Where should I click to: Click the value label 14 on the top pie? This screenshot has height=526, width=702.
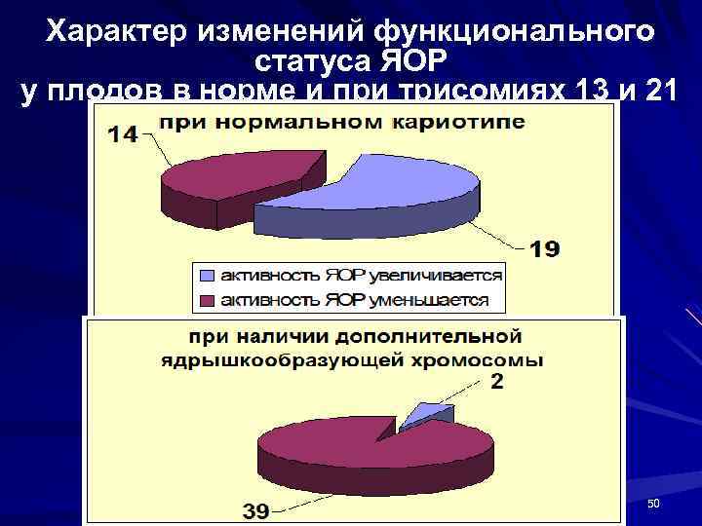(122, 135)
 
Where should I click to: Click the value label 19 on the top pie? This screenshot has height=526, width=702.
(544, 250)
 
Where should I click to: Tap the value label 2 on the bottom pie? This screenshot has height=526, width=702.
(497, 382)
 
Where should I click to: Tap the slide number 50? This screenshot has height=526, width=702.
(653, 503)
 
